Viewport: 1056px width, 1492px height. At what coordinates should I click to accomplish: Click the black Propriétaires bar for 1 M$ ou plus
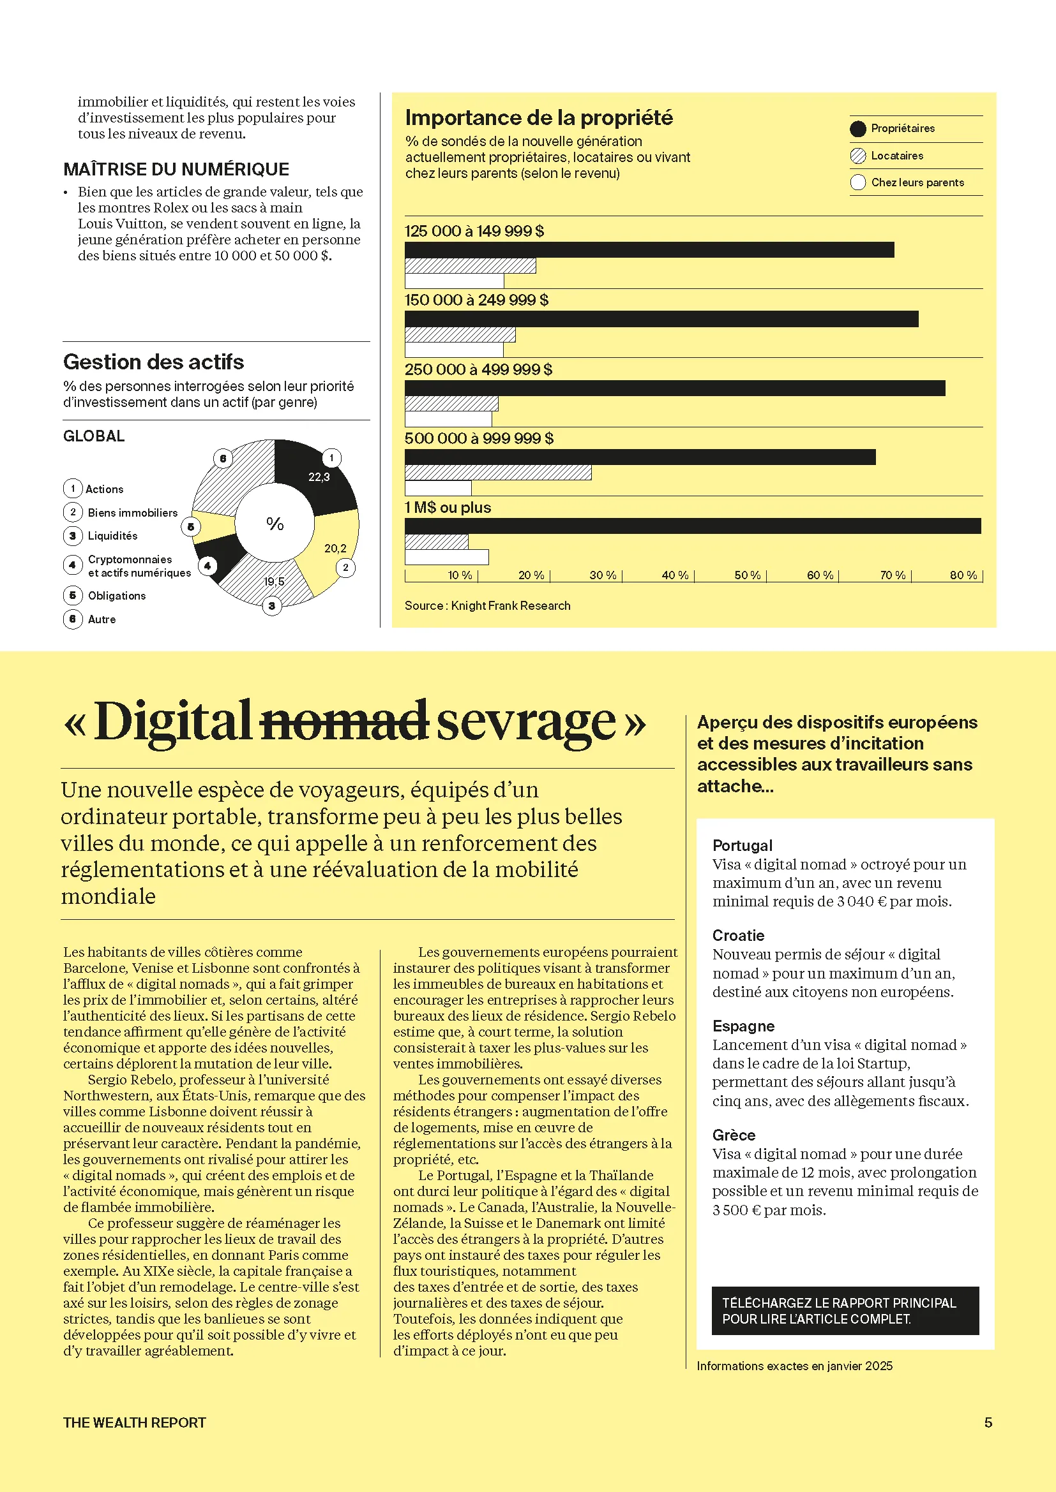pyautogui.click(x=693, y=526)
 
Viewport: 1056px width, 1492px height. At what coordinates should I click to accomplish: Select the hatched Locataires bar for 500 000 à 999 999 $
pyautogui.click(x=498, y=473)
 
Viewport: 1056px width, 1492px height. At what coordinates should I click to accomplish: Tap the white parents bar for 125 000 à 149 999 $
pyautogui.click(x=455, y=281)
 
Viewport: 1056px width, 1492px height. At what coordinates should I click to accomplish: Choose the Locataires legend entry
pyautogui.click(x=896, y=156)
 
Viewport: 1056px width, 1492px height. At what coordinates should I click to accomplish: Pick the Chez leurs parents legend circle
pyautogui.click(x=857, y=182)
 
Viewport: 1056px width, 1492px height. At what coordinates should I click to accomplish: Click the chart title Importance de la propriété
pyautogui.click(x=539, y=117)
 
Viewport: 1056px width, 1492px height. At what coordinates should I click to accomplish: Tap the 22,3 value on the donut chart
pyautogui.click(x=319, y=477)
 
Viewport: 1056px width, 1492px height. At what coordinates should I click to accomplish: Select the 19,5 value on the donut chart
pyautogui.click(x=274, y=582)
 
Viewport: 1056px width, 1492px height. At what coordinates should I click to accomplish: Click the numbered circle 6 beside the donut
pyautogui.click(x=223, y=459)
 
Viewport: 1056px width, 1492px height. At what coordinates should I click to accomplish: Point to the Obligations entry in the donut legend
pyautogui.click(x=117, y=596)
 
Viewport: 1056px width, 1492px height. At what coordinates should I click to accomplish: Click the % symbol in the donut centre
pyautogui.click(x=275, y=524)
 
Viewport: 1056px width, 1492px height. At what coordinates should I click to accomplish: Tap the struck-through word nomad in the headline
pyautogui.click(x=344, y=721)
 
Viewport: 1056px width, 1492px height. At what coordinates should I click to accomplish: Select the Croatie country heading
pyautogui.click(x=738, y=936)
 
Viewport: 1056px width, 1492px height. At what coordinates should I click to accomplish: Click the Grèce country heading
pyautogui.click(x=734, y=1135)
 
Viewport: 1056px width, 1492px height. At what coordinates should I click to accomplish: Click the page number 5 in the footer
pyautogui.click(x=988, y=1422)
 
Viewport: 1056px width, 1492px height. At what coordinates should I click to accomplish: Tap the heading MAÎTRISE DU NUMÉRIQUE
pyautogui.click(x=176, y=170)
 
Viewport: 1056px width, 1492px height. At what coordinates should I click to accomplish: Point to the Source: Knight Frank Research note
pyautogui.click(x=488, y=605)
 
